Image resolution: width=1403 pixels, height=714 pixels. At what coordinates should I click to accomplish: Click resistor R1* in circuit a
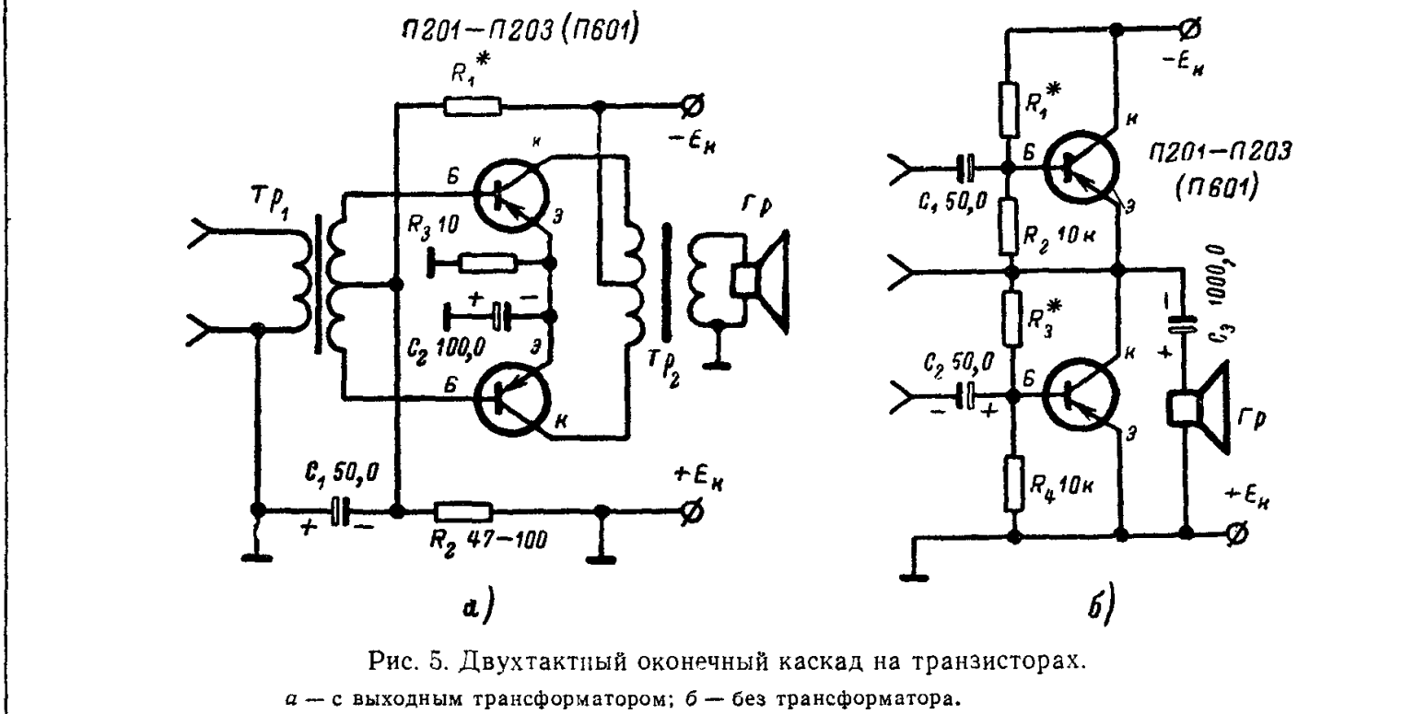click(473, 106)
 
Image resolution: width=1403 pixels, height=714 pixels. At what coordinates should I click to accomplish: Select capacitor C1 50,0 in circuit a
click(342, 512)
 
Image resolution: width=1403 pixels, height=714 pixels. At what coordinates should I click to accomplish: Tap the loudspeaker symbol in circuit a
click(759, 282)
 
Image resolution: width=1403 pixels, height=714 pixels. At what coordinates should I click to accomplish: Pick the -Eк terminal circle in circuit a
click(687, 106)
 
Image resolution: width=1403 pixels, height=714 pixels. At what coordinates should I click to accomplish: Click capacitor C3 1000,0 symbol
click(1185, 324)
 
